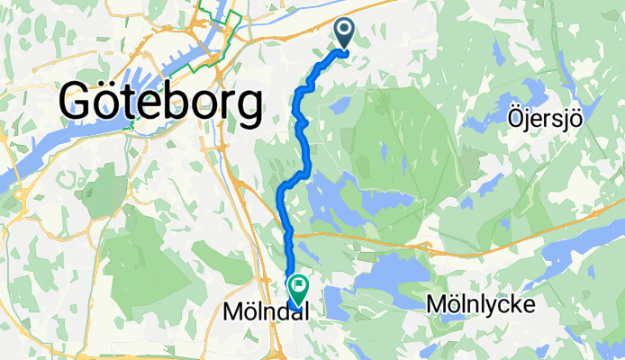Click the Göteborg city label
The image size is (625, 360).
(161, 103)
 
